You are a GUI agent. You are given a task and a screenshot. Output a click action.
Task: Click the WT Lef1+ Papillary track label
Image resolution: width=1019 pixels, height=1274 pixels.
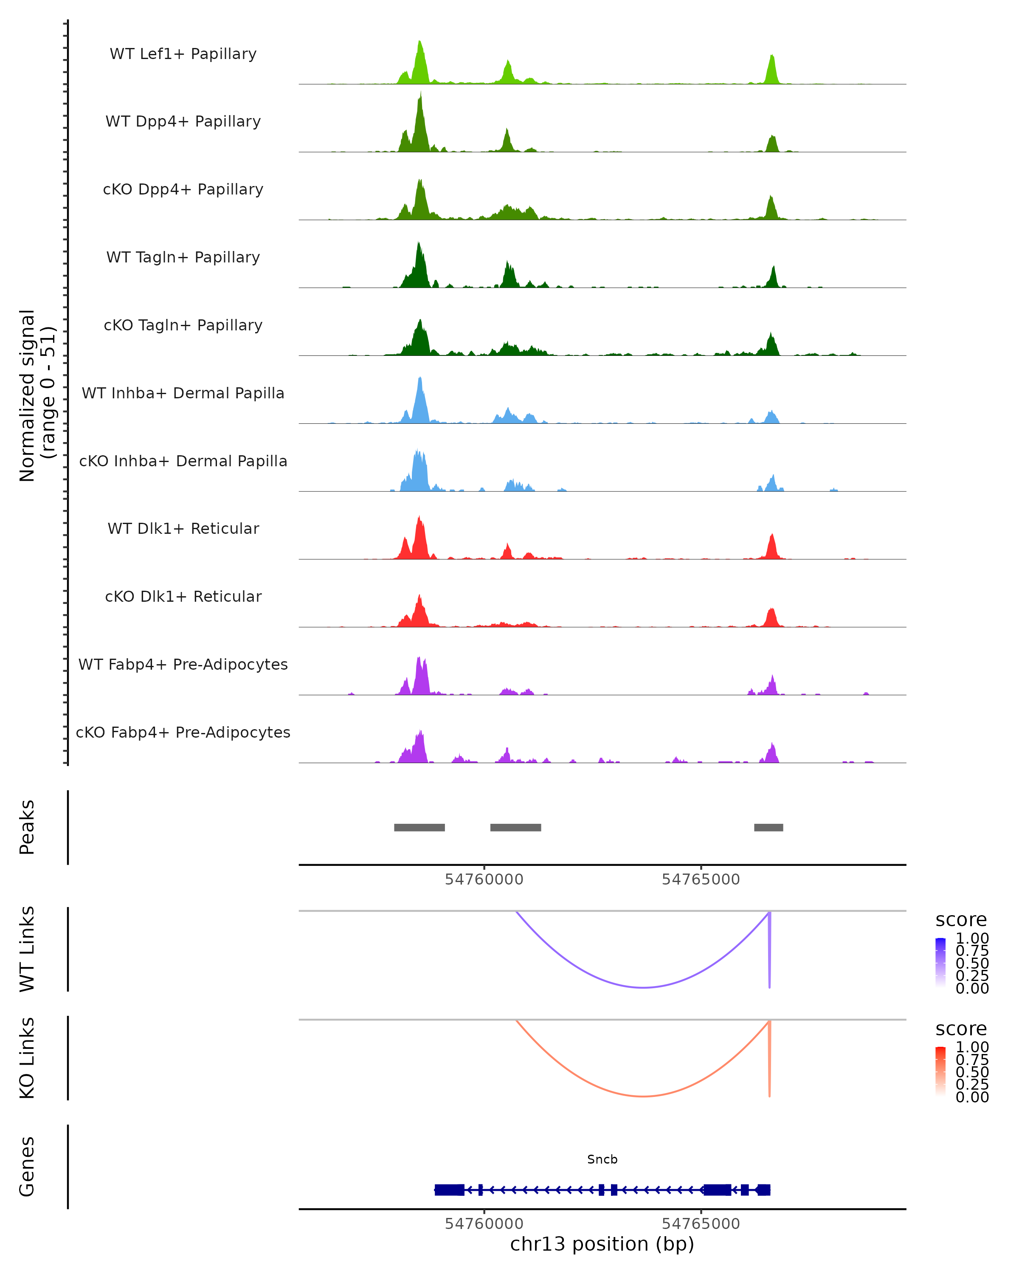183,54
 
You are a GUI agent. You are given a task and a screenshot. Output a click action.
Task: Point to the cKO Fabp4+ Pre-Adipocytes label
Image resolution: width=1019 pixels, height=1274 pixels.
183,732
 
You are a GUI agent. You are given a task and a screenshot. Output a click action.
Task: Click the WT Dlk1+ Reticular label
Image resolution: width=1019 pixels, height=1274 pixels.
183,529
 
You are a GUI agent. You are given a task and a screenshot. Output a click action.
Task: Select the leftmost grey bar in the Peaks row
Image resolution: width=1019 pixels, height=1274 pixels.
419,827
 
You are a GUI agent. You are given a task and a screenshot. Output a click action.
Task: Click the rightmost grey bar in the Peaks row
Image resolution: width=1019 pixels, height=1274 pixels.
768,827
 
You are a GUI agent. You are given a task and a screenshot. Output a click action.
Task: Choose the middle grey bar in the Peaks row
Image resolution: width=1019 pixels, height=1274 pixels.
516,827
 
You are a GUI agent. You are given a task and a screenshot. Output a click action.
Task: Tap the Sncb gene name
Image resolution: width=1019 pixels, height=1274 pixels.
602,1159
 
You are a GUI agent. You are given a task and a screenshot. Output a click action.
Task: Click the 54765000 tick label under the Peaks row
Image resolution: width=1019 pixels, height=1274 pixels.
701,879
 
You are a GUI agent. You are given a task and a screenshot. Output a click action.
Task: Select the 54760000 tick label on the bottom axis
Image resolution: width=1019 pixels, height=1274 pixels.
484,1224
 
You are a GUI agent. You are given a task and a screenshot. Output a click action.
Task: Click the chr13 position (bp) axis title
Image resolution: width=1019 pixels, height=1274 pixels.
602,1244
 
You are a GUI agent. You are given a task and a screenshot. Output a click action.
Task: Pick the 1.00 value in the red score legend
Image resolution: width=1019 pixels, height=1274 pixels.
972,1047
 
